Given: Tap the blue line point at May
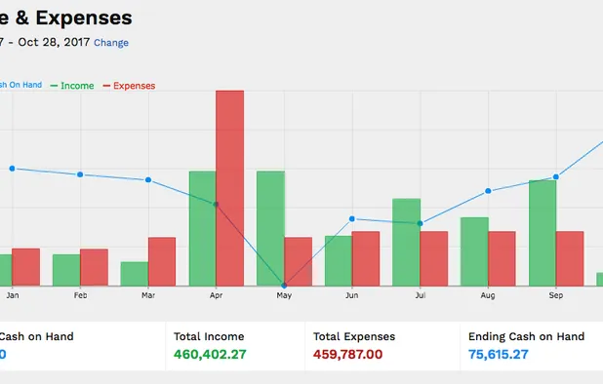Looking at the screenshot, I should pos(284,285).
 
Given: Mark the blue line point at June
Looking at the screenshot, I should pos(352,218).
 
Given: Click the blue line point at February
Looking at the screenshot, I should pos(80,174).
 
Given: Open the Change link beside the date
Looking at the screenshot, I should pos(111,43).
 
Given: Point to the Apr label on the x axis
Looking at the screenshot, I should pos(216,294).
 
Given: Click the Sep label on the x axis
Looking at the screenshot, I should pos(556,294).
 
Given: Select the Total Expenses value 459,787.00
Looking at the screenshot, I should pos(347,355).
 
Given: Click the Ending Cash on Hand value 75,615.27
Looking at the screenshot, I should pos(498,355).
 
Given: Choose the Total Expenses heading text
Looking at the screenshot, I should pos(353,336).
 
